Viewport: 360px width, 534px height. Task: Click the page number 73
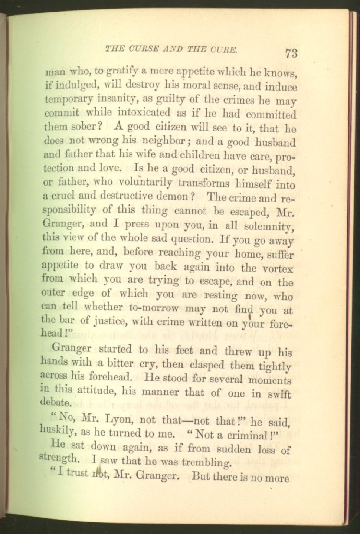tap(292, 53)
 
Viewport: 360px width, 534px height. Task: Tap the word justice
tap(108, 324)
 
